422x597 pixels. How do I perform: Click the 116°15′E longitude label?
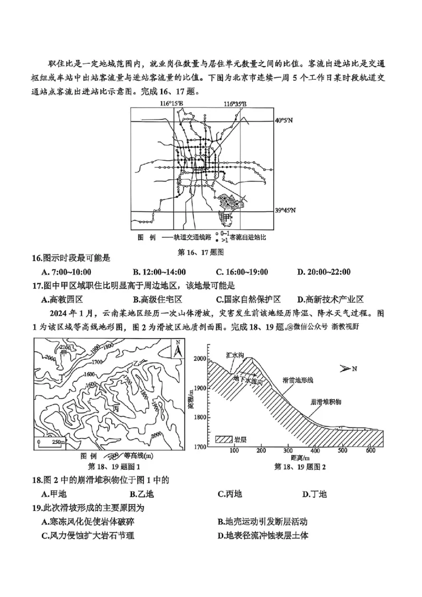pos(171,104)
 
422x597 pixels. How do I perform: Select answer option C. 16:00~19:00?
pos(242,272)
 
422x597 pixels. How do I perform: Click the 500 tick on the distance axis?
pos(343,451)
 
